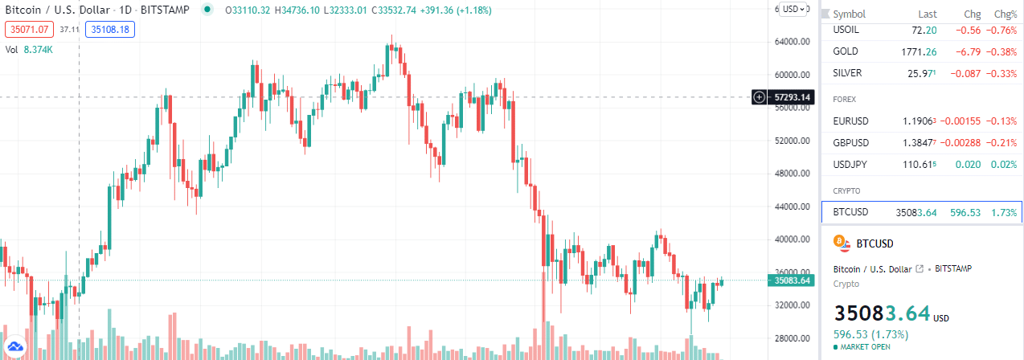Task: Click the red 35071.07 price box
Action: click(x=29, y=30)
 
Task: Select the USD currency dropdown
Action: click(x=793, y=9)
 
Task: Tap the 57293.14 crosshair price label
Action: click(x=792, y=97)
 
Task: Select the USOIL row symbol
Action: click(x=846, y=30)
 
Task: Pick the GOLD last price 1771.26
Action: click(x=919, y=51)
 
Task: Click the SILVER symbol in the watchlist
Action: click(x=847, y=73)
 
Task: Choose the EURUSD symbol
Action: click(x=850, y=121)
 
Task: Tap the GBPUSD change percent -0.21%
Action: click(x=1004, y=143)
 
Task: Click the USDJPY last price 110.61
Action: click(x=919, y=165)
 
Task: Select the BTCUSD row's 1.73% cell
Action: click(x=1004, y=213)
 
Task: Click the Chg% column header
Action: click(x=1006, y=14)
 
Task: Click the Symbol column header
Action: click(x=849, y=14)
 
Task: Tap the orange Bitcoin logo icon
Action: click(x=842, y=243)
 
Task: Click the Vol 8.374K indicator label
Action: click(x=29, y=50)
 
